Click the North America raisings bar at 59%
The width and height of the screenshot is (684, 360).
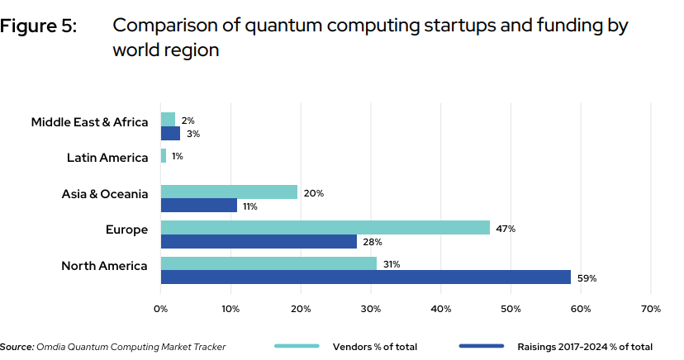[x=365, y=277]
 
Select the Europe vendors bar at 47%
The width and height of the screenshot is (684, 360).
[x=325, y=227]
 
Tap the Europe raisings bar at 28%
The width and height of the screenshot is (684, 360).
[x=259, y=241]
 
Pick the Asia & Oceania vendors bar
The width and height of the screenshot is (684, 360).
[x=229, y=192]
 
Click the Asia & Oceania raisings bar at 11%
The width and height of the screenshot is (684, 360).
[x=199, y=206]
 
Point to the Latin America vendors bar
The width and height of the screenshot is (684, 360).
[x=164, y=155]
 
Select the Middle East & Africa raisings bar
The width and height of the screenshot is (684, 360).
[x=170, y=134]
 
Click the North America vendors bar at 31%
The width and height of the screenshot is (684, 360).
[x=268, y=263]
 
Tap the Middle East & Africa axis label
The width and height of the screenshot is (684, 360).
[x=89, y=122]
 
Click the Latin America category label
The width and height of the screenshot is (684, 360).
[x=107, y=157]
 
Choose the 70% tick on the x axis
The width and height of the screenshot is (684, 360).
[x=650, y=309]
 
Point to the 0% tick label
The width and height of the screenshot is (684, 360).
[x=161, y=309]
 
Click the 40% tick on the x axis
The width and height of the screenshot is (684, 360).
[x=440, y=309]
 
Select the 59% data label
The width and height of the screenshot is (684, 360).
[x=587, y=278]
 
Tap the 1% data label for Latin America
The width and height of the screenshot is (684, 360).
[x=178, y=156]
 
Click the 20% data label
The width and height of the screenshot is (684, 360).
[x=314, y=192]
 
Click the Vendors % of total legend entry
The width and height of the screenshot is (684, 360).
[x=375, y=347]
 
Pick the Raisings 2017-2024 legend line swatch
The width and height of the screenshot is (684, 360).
[x=481, y=347]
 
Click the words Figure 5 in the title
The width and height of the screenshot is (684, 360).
[x=39, y=26]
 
